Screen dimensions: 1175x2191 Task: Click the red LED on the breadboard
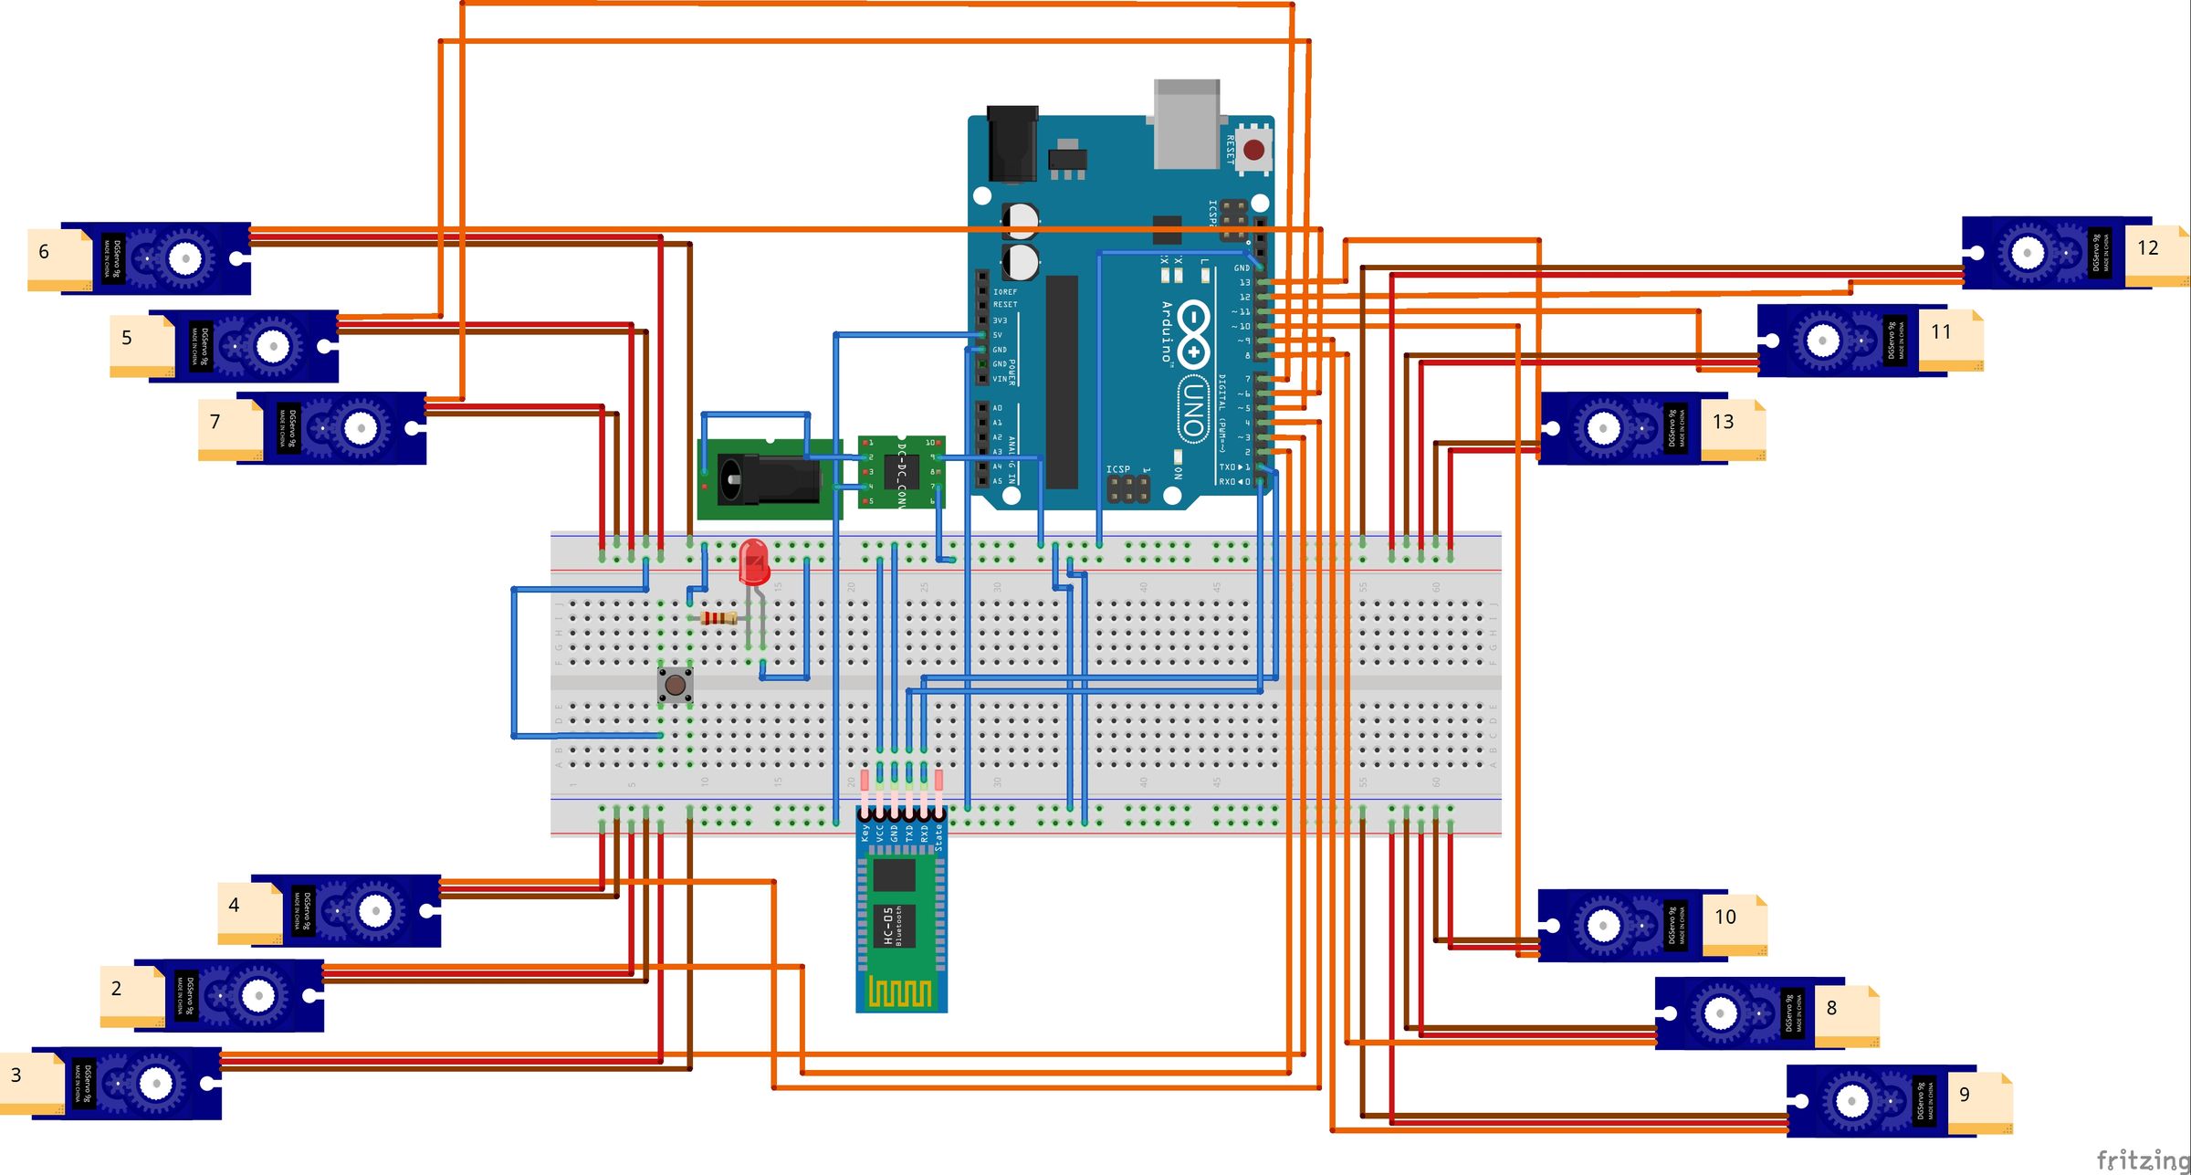point(754,561)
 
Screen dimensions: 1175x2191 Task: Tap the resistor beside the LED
point(718,619)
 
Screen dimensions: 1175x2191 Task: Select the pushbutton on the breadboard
point(676,684)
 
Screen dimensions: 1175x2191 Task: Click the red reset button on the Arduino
point(1254,149)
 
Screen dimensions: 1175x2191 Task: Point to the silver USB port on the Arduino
point(1187,123)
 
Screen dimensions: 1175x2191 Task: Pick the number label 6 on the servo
point(44,252)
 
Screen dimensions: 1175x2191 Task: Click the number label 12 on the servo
point(2147,248)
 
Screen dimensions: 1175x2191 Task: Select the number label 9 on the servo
point(1964,1095)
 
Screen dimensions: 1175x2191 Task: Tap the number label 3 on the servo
point(16,1075)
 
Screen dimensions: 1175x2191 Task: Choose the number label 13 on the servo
point(1723,422)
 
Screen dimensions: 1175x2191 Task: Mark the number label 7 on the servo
point(215,422)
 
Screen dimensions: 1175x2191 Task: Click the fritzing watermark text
point(2143,1160)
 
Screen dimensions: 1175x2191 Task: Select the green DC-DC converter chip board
point(901,472)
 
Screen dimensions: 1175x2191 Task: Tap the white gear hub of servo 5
point(272,346)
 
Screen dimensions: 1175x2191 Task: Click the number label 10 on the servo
point(1724,917)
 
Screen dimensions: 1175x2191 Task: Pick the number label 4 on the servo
point(234,905)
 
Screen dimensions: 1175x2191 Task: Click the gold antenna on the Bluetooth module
point(901,991)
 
